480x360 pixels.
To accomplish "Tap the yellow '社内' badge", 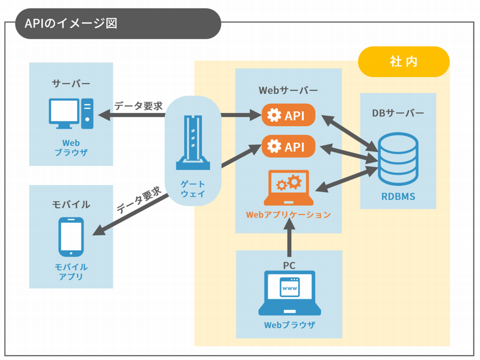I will click(x=403, y=61).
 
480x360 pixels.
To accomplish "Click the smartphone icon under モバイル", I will click(x=71, y=236).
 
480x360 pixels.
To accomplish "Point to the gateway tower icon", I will click(x=192, y=142).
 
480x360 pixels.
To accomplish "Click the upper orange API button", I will click(x=288, y=116).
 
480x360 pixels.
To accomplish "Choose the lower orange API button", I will click(x=288, y=147).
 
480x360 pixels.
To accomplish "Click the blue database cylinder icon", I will click(x=397, y=159).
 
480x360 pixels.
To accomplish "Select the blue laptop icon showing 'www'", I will click(x=289, y=293).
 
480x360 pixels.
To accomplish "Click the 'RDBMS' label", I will click(x=398, y=196).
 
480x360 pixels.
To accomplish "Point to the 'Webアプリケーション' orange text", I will click(x=288, y=214).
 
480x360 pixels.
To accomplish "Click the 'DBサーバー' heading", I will click(x=398, y=113).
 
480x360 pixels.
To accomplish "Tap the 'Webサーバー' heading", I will click(x=288, y=90).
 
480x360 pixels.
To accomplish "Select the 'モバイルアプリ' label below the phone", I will click(x=71, y=271).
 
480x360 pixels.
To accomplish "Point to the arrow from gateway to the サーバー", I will click(x=132, y=115).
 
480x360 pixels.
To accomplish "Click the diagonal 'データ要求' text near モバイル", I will click(x=138, y=200).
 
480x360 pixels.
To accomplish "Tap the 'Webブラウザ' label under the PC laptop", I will click(x=289, y=325).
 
